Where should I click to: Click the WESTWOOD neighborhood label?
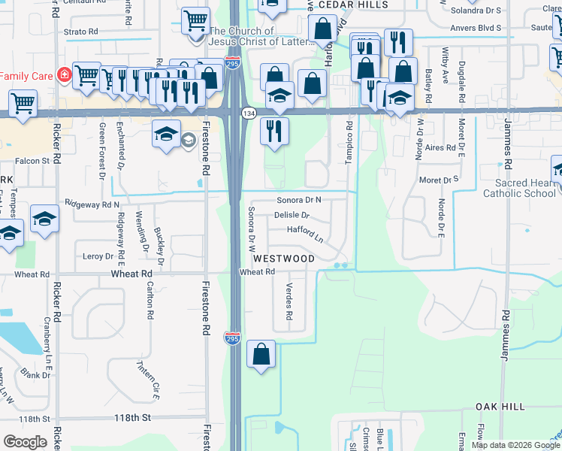(283, 259)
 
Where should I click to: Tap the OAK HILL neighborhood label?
(500, 407)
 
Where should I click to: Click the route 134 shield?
(248, 113)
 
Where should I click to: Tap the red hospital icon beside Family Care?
(65, 75)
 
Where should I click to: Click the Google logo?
(25, 442)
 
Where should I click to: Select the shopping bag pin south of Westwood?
(261, 354)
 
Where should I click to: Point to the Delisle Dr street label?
(292, 216)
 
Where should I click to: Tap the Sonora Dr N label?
(298, 200)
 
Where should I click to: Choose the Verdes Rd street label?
(289, 301)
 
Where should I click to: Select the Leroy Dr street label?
(98, 256)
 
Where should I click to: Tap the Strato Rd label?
(81, 32)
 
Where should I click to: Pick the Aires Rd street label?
(441, 149)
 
